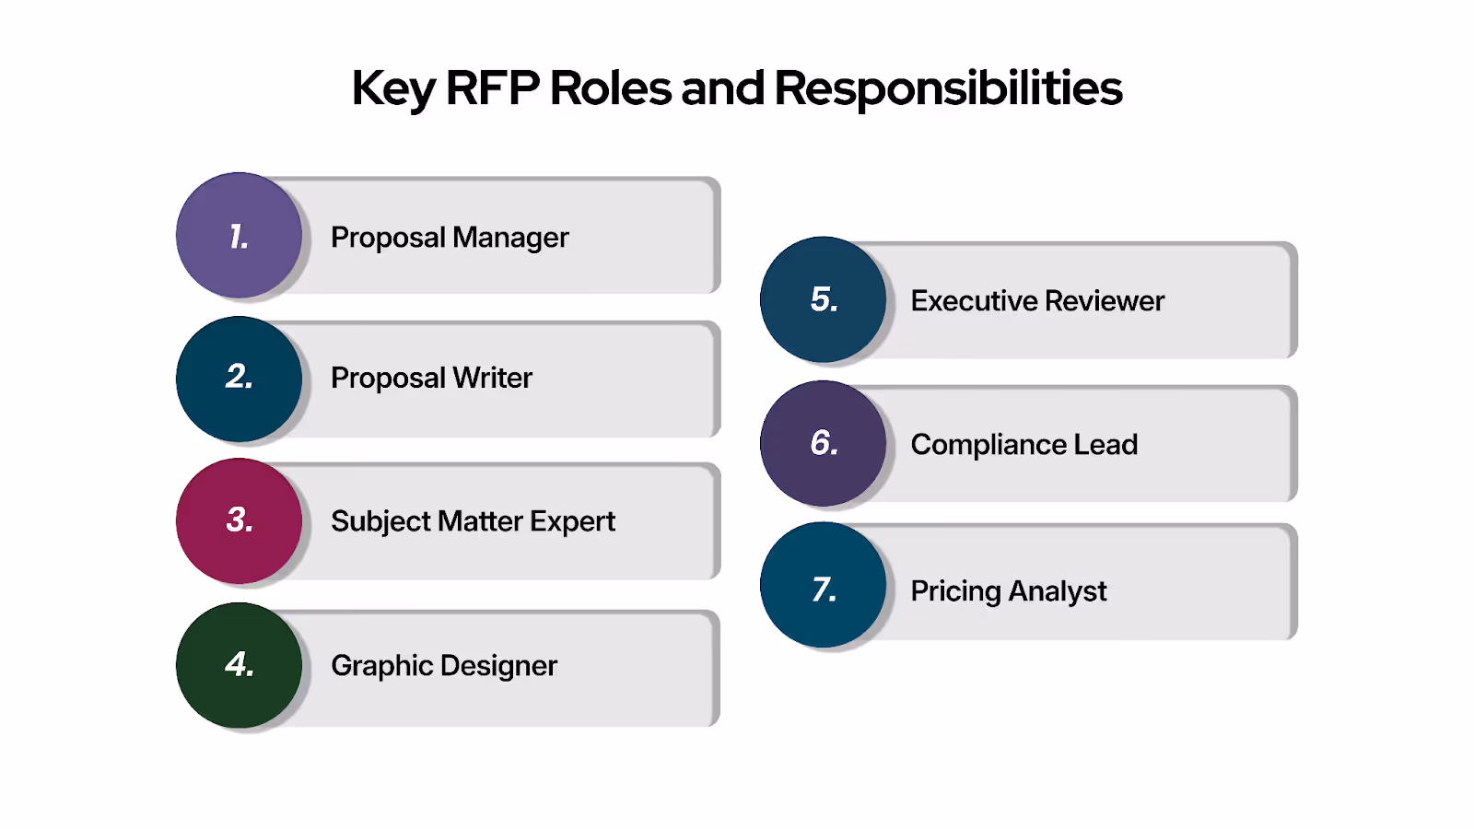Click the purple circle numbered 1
pyautogui.click(x=239, y=236)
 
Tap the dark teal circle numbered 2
pyautogui.click(x=239, y=379)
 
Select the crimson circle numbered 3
pyautogui.click(x=239, y=520)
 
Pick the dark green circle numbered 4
pyautogui.click(x=239, y=665)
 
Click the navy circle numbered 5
pyautogui.click(x=823, y=299)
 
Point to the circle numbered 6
pyautogui.click(x=823, y=443)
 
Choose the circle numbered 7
pyautogui.click(x=823, y=586)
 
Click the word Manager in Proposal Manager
pyautogui.click(x=510, y=238)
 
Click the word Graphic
pyautogui.click(x=381, y=666)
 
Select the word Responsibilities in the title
pyautogui.click(x=948, y=88)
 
